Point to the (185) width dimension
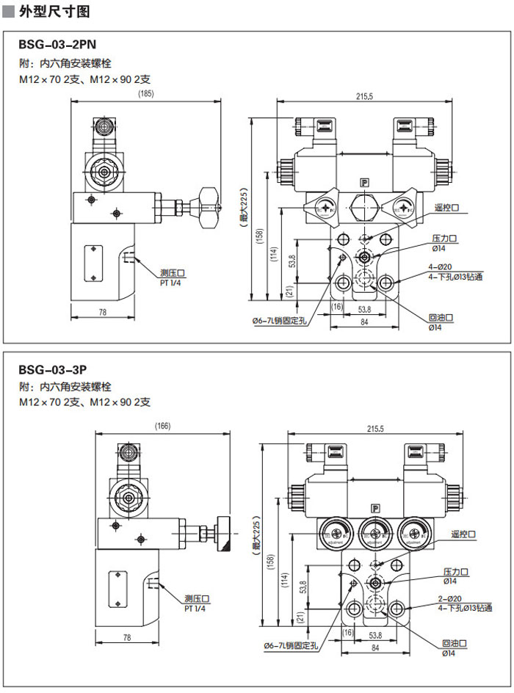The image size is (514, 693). click(145, 93)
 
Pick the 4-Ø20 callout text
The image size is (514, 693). click(441, 267)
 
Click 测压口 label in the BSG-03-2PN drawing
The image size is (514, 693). click(173, 273)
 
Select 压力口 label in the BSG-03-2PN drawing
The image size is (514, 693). click(444, 239)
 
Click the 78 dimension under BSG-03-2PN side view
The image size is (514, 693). click(102, 313)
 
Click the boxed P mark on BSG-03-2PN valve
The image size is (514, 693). click(364, 183)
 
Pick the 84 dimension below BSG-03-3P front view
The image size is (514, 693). click(375, 647)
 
